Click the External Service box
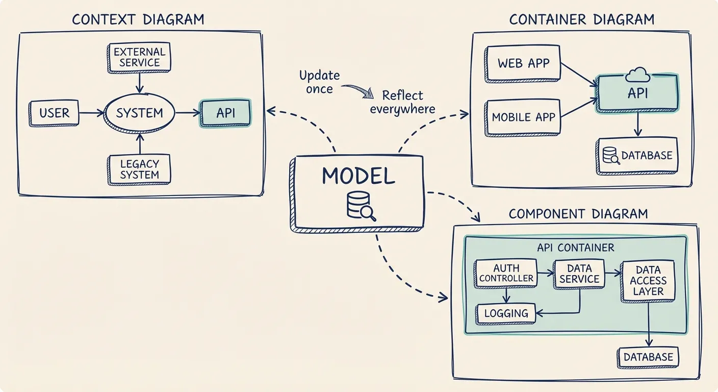click(x=139, y=57)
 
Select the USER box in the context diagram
click(x=54, y=113)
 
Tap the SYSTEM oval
click(x=139, y=113)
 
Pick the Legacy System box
click(x=139, y=169)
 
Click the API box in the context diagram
click(x=225, y=113)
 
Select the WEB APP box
click(x=523, y=63)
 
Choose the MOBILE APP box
click(x=523, y=117)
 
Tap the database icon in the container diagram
click(x=610, y=156)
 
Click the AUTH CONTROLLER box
click(x=506, y=273)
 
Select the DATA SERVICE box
click(x=579, y=274)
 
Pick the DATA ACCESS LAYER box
click(x=648, y=280)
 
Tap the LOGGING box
click(x=506, y=313)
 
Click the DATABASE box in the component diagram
click(x=648, y=357)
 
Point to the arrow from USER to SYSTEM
click(x=92, y=113)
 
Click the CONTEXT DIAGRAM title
click(x=138, y=19)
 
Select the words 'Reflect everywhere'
click(x=402, y=102)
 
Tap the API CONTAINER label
click(x=575, y=248)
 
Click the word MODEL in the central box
click(x=358, y=176)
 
